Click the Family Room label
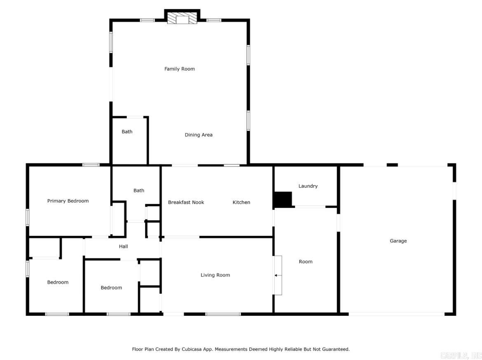(180, 69)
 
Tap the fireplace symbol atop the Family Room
(182, 19)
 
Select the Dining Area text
(199, 135)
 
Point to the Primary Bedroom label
(68, 201)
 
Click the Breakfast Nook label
(186, 202)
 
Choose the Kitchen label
(241, 202)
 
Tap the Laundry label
(308, 186)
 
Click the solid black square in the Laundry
(283, 200)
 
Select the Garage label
(398, 241)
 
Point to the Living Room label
(215, 275)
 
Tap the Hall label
(124, 247)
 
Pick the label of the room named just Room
(306, 261)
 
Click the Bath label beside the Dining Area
(127, 132)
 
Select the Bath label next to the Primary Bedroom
(139, 191)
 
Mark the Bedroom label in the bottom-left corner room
(58, 282)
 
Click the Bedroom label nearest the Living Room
(111, 288)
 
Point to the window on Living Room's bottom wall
(223, 314)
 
